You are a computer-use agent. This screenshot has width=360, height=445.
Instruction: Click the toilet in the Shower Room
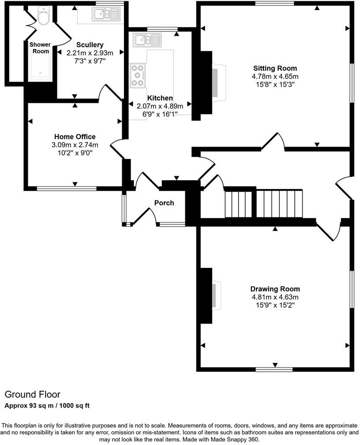(43, 18)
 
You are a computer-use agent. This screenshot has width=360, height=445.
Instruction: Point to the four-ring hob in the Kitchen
(138, 75)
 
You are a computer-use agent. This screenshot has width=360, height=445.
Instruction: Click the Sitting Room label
(275, 68)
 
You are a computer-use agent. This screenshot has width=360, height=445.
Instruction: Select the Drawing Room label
(275, 289)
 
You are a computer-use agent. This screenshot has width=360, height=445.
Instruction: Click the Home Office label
(75, 137)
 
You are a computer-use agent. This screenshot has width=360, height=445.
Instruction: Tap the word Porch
(164, 203)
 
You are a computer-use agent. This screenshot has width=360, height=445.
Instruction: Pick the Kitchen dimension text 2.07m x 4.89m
(160, 106)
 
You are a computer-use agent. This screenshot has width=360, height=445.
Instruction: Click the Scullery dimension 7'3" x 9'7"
(90, 60)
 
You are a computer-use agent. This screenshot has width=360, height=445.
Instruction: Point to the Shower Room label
(40, 48)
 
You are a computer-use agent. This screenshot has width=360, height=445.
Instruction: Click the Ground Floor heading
(32, 394)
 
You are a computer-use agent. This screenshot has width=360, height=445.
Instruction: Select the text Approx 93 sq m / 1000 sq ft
(47, 406)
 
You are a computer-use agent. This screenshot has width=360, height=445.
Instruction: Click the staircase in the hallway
(264, 204)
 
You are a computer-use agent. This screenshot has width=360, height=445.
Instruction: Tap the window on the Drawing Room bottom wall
(274, 369)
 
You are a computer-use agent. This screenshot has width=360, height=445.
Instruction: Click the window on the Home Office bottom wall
(67, 189)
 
